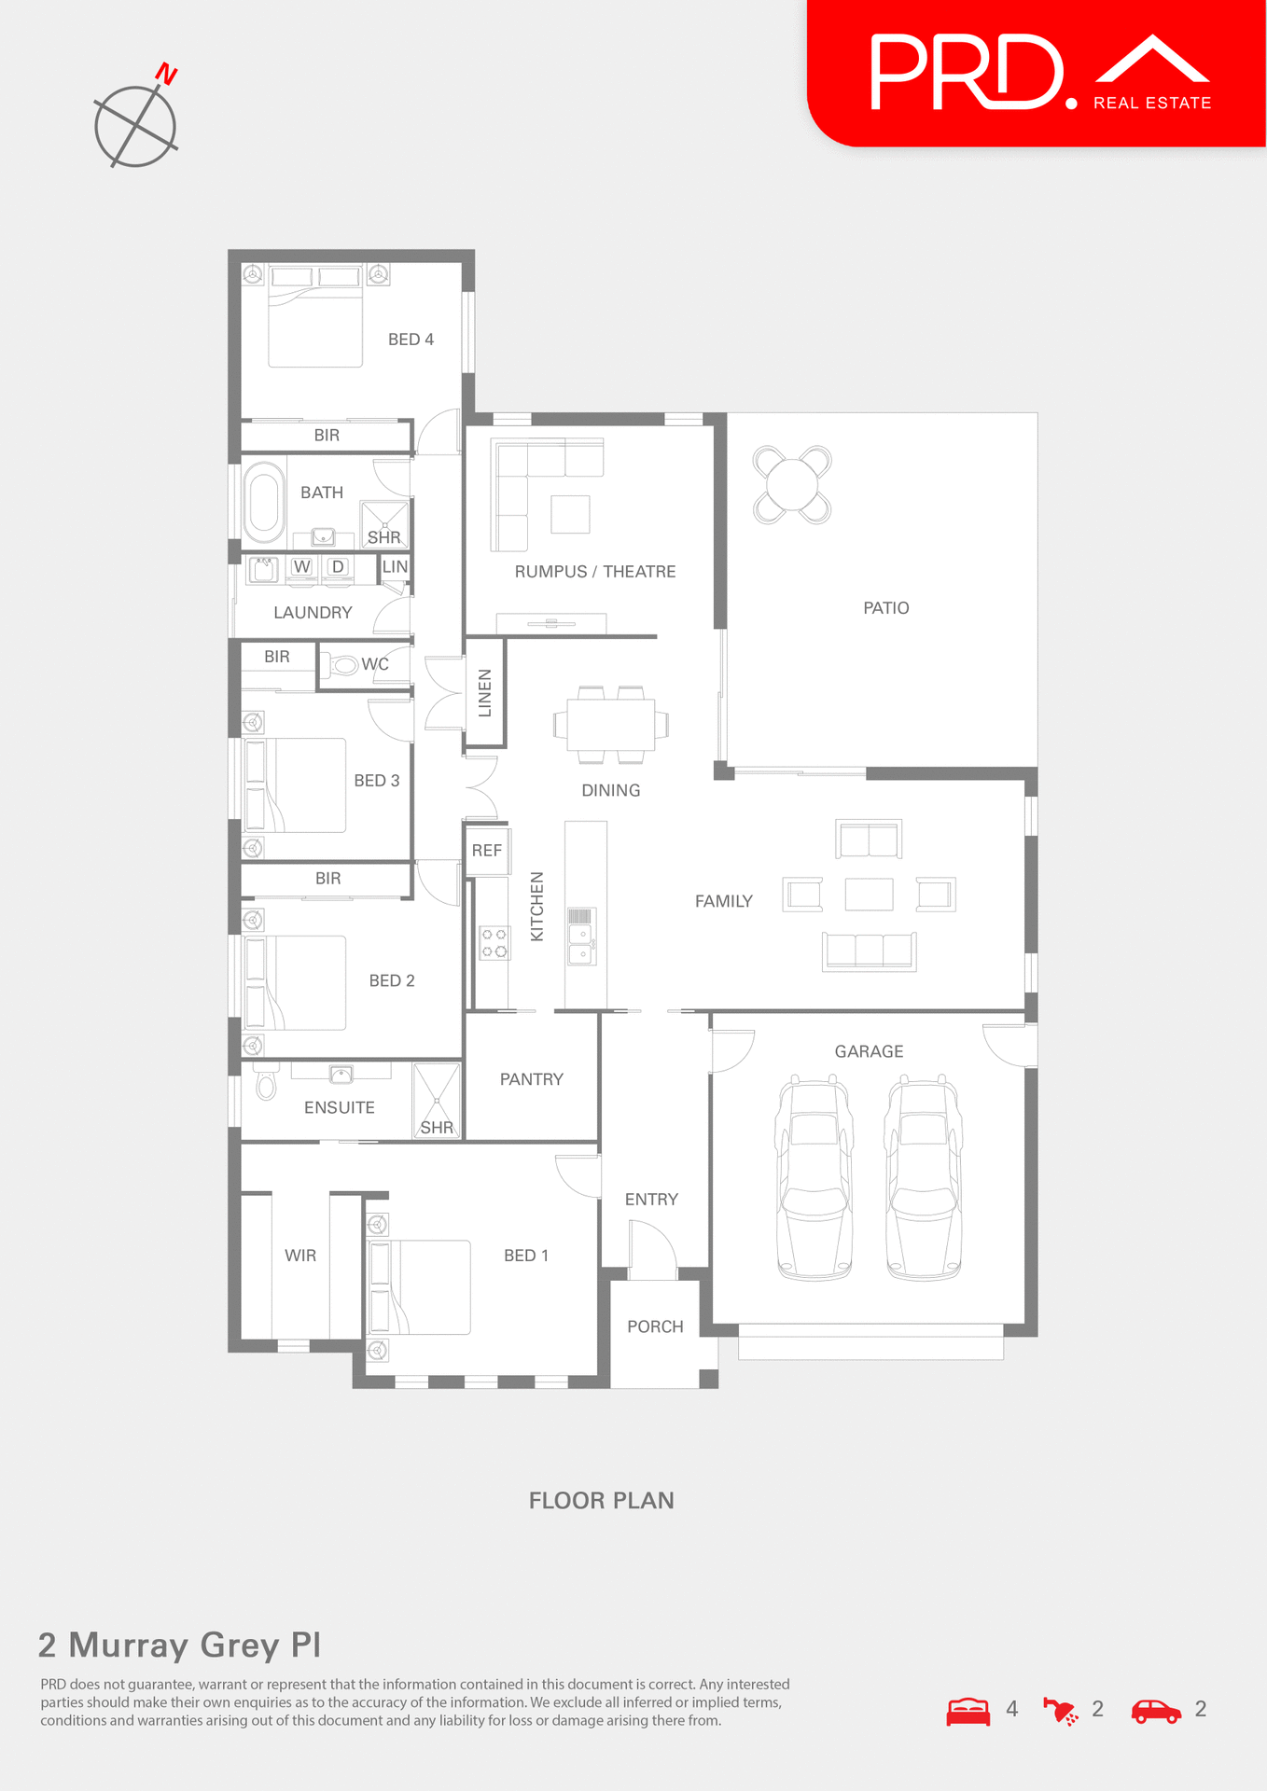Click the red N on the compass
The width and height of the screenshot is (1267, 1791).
[167, 74]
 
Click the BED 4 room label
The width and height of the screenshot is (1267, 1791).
[411, 340]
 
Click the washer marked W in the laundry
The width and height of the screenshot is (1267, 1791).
[301, 567]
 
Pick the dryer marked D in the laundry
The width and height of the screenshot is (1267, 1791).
[338, 567]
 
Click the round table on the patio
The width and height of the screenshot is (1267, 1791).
[791, 484]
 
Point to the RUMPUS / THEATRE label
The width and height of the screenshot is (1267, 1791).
[595, 572]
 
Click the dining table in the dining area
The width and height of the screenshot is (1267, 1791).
[611, 724]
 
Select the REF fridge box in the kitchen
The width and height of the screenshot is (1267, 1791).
[487, 851]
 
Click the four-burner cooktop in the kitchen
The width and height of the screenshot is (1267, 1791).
[494, 942]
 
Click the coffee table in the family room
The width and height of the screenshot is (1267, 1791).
[869, 895]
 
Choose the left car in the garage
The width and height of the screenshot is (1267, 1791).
[814, 1179]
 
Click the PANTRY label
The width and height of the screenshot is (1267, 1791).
[532, 1079]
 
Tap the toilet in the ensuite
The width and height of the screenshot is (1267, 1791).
[266, 1083]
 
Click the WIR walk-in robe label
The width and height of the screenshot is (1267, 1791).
[300, 1256]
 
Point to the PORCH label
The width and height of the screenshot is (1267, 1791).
[655, 1326]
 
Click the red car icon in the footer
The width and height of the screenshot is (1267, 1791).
[1155, 1711]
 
